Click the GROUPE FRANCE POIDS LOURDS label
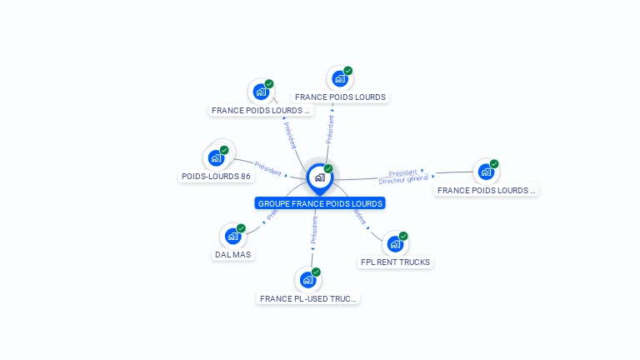(x=320, y=203)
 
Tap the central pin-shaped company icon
(x=319, y=177)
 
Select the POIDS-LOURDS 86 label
(x=216, y=177)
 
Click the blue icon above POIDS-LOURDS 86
(x=216, y=157)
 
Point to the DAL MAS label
(x=232, y=255)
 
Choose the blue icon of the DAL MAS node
(x=232, y=236)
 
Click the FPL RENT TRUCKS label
(x=395, y=262)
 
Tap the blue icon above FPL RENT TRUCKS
(x=395, y=244)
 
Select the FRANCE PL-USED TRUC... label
(x=307, y=298)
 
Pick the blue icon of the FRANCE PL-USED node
(x=307, y=280)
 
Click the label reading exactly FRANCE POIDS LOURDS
(x=340, y=97)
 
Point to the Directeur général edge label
(x=403, y=179)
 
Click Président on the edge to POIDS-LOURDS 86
(x=268, y=167)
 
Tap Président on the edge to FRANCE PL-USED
(x=314, y=232)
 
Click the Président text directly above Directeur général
(x=403, y=172)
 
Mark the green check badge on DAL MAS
(x=241, y=228)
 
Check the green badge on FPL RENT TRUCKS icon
(x=403, y=236)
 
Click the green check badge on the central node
(x=328, y=169)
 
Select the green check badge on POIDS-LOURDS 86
(x=224, y=150)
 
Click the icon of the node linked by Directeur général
(x=486, y=172)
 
